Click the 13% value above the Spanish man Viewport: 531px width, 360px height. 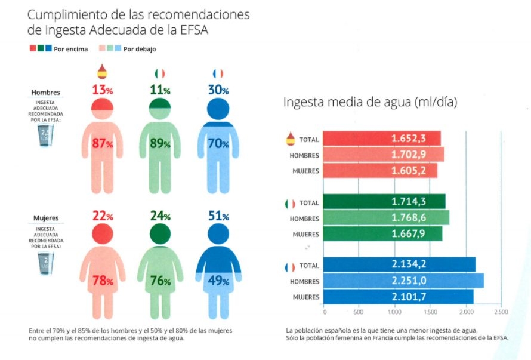[102, 90]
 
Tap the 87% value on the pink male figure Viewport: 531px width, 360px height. [102, 144]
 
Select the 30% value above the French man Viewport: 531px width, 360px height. [218, 90]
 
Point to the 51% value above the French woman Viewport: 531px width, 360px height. [218, 216]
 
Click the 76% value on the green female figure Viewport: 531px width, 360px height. [160, 281]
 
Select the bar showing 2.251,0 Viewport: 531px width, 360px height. [403, 281]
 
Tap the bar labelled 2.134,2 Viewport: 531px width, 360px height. [399, 264]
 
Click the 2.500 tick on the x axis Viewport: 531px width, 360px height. [501, 312]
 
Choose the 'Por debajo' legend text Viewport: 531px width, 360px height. [140, 49]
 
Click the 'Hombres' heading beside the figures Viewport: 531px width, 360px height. [47, 93]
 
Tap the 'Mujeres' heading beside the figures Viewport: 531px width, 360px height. [47, 218]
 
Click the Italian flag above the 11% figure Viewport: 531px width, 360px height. [159, 73]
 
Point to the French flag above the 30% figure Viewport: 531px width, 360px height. [218, 73]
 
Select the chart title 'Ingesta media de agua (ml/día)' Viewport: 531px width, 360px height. [370, 102]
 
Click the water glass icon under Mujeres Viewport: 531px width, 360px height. [46, 262]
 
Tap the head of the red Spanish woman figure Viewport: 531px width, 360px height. [102, 232]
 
